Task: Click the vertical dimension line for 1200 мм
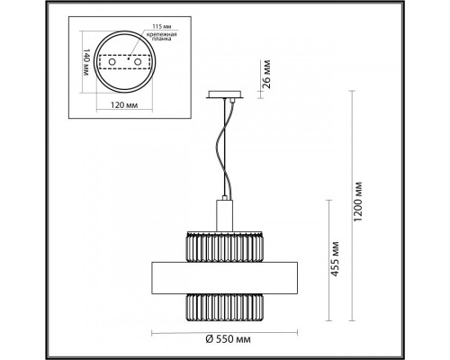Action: tap(348, 207)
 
